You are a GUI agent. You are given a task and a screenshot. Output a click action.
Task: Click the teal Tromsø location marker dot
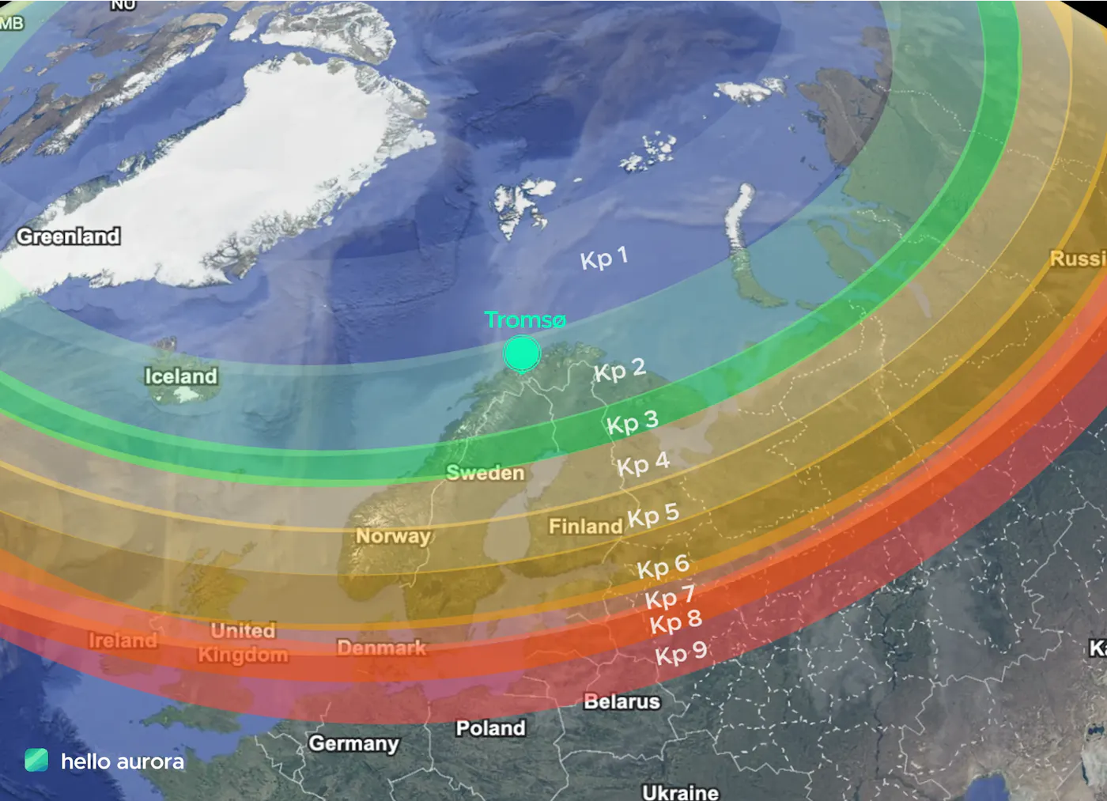click(522, 353)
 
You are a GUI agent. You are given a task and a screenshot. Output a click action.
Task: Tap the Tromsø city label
click(525, 319)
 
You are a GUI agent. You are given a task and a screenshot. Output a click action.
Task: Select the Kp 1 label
click(604, 258)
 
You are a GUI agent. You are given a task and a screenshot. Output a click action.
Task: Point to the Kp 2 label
click(620, 370)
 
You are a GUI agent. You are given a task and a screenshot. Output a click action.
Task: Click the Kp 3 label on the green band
click(632, 422)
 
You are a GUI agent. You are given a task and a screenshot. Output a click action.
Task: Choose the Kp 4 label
click(643, 464)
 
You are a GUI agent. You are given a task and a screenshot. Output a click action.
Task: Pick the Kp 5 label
click(653, 516)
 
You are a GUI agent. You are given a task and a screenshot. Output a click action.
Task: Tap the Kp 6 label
click(663, 566)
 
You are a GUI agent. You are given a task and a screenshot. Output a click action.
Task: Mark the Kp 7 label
click(670, 597)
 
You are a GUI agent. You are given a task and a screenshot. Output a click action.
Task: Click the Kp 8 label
click(675, 622)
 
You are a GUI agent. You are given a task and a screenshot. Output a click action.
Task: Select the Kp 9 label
click(681, 653)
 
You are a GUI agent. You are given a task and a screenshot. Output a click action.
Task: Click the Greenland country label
click(69, 236)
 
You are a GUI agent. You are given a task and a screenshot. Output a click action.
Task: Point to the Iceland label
click(180, 376)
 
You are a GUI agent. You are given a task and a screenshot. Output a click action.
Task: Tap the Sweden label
click(485, 473)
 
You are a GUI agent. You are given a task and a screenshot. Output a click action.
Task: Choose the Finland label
click(585, 526)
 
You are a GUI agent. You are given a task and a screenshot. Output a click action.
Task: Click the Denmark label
click(381, 648)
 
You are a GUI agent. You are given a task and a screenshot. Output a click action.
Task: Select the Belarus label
click(622, 701)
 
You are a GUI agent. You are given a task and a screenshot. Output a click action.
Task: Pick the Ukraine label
click(680, 792)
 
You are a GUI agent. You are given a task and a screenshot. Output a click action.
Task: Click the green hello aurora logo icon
click(36, 760)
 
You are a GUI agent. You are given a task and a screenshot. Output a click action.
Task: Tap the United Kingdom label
click(243, 642)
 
